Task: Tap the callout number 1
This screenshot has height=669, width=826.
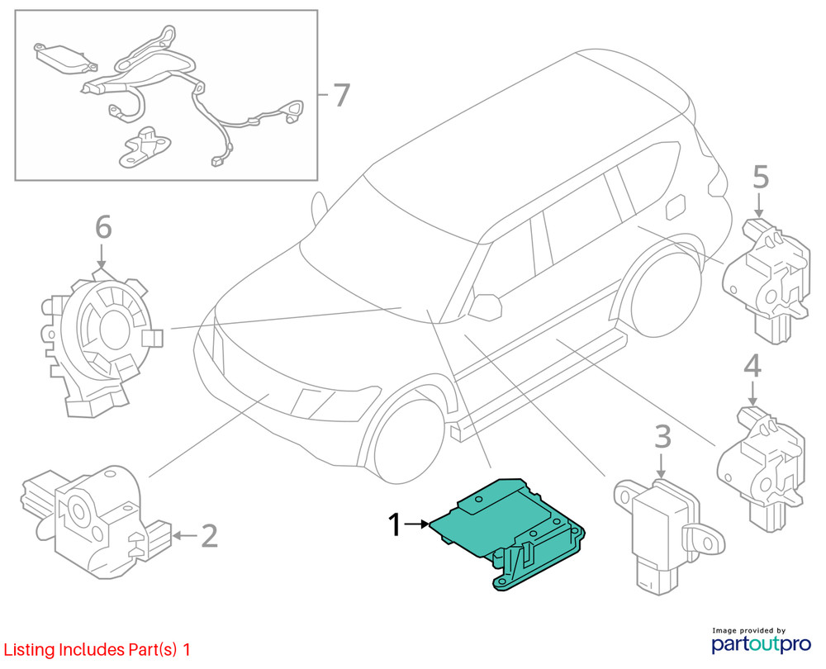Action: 396,524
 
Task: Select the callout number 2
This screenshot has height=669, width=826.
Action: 210,536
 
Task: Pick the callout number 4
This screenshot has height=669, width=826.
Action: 752,366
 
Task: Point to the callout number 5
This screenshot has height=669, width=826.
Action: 760,177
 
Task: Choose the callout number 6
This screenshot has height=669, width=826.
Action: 102,225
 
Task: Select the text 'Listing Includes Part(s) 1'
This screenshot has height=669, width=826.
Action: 97,650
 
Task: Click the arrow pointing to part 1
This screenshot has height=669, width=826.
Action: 418,524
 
